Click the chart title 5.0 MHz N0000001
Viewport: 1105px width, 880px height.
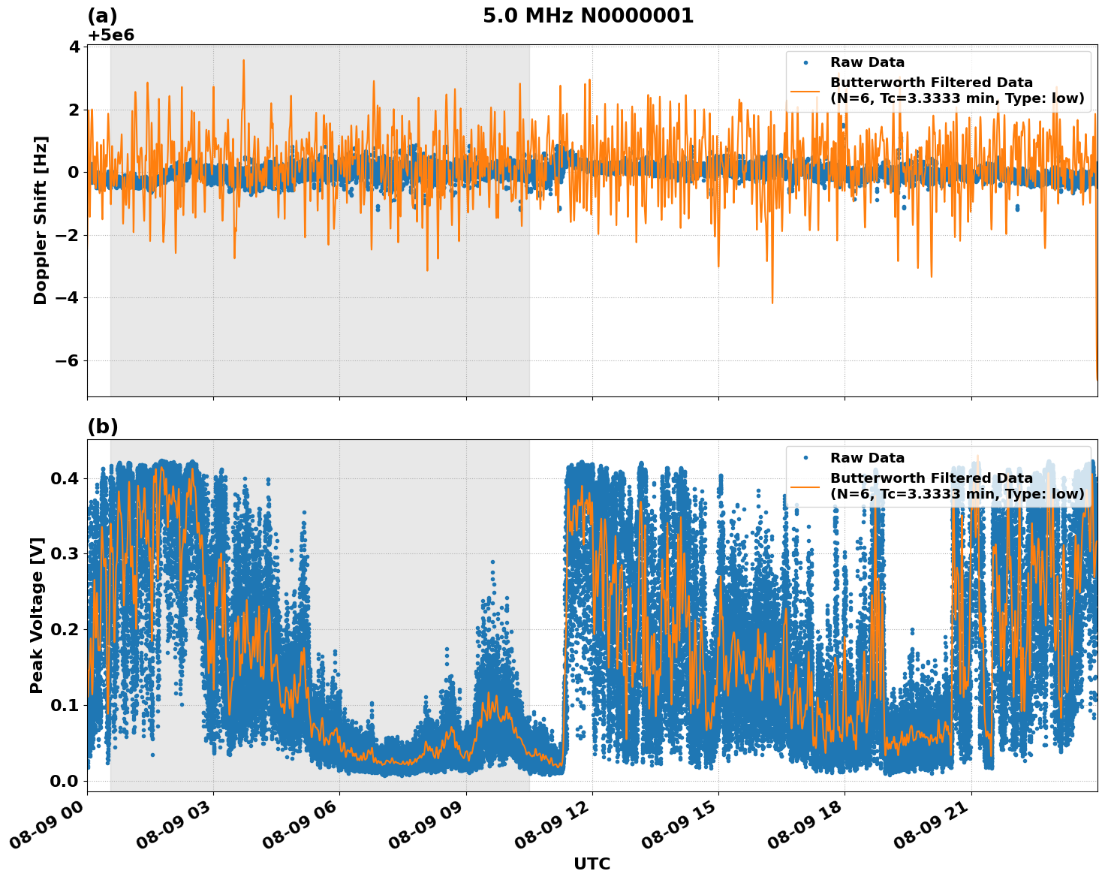[x=588, y=16]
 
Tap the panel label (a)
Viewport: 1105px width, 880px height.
[x=102, y=16]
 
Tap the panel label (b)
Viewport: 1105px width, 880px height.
[x=103, y=426]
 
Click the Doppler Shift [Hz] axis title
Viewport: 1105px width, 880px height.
[x=41, y=220]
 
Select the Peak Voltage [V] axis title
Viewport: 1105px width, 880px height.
[x=37, y=615]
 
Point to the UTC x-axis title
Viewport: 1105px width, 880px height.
[x=592, y=863]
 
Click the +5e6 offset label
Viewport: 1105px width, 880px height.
[x=110, y=35]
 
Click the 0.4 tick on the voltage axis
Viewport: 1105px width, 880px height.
[x=65, y=479]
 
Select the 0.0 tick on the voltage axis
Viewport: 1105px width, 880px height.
[x=65, y=781]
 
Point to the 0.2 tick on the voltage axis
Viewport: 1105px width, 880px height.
[x=65, y=630]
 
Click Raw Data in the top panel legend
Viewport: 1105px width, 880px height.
[x=867, y=62]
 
